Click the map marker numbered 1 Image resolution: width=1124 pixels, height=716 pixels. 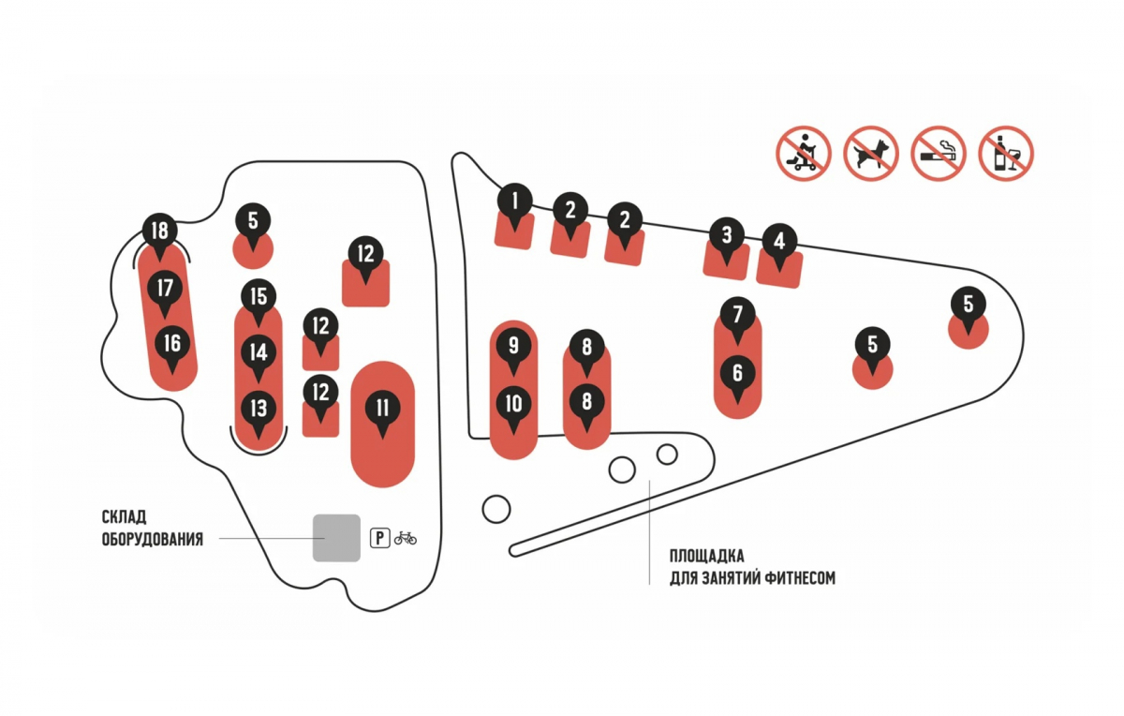514,200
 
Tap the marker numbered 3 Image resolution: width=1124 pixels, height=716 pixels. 727,234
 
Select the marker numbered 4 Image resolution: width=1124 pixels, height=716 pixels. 777,241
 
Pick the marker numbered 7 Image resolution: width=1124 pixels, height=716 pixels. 737,313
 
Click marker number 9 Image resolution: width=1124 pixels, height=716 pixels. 513,345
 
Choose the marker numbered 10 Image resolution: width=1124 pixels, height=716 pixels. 513,404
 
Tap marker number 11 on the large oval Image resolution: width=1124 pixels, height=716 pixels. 382,409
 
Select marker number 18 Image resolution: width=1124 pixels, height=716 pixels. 160,231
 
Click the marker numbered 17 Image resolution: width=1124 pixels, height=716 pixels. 166,287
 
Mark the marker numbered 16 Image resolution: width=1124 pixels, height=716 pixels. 171,343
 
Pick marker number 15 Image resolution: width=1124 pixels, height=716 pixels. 259,297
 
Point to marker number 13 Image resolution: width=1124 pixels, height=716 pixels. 259,409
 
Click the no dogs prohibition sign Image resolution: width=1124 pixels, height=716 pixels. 871,153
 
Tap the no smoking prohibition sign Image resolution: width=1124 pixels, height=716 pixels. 939,153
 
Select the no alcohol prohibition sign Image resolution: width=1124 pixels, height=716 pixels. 1006,153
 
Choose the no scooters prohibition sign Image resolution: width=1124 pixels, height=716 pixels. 804,153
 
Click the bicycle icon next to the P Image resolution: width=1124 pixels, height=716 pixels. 406,538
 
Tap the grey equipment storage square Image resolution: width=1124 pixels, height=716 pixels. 336,538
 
